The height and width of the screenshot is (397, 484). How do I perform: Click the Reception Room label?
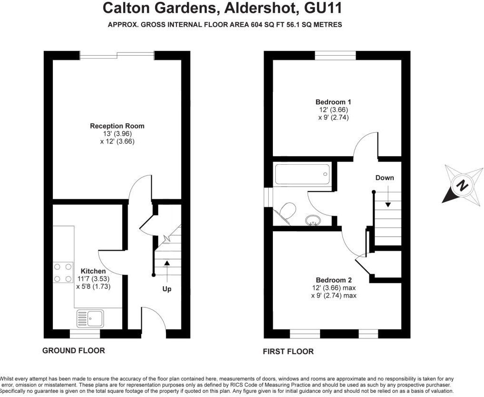(x=117, y=126)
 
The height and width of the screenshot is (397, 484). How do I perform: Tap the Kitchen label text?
(x=93, y=271)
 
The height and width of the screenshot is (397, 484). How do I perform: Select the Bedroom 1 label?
(x=333, y=102)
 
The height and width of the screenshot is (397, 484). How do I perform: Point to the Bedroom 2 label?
(x=333, y=280)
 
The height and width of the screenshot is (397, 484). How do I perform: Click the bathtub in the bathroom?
(x=302, y=174)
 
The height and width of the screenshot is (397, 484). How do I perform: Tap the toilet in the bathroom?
(x=288, y=210)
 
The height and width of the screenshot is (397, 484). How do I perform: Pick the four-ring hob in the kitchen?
(x=62, y=273)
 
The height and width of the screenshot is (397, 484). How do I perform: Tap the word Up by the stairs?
(x=167, y=289)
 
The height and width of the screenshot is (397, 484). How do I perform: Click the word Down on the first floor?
(x=385, y=178)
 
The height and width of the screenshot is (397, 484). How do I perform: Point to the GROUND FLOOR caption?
(x=74, y=350)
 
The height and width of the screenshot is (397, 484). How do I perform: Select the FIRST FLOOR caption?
(x=288, y=352)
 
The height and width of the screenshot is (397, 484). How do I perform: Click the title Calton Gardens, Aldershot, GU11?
(x=222, y=8)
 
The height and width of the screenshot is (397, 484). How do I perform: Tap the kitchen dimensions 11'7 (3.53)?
(x=93, y=279)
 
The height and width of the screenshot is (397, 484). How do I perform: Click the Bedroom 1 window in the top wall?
(x=335, y=55)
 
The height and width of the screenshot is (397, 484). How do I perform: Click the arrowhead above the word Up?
(x=167, y=262)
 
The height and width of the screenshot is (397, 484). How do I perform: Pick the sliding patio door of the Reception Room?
(x=117, y=55)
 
